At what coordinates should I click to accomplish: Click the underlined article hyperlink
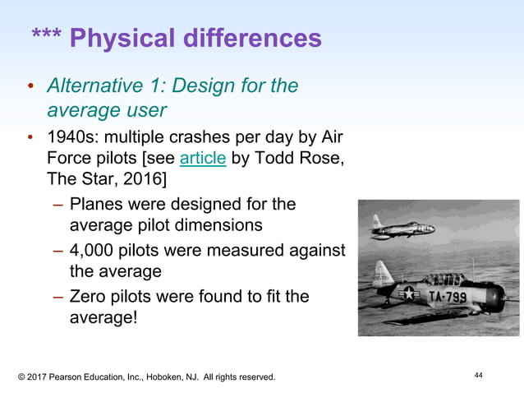[x=202, y=158]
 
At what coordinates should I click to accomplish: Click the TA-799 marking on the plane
[x=446, y=294]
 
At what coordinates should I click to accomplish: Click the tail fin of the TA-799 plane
[x=382, y=273]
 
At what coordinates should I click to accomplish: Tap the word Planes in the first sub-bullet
[x=97, y=203]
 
